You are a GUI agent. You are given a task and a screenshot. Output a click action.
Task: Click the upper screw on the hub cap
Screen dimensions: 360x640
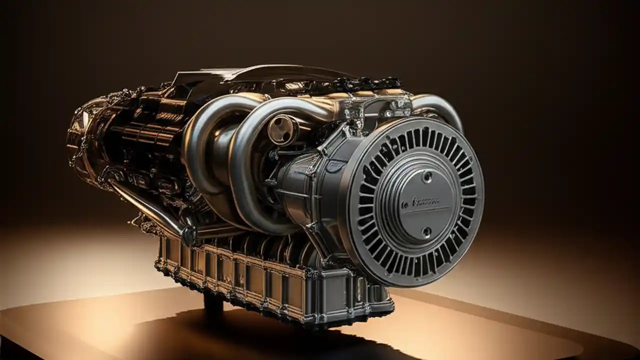tap(427, 176)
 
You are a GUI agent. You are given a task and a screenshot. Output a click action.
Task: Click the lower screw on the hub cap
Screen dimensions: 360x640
tap(426, 231)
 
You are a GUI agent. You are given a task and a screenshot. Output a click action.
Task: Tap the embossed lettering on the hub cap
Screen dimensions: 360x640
tap(421, 202)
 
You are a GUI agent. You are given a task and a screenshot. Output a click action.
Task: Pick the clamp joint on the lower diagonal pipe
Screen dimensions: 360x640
tap(188, 234)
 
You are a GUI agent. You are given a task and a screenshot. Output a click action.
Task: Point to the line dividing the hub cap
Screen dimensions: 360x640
tap(422, 210)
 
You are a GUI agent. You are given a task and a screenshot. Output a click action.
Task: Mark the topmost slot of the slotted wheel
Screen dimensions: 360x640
tap(425, 135)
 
